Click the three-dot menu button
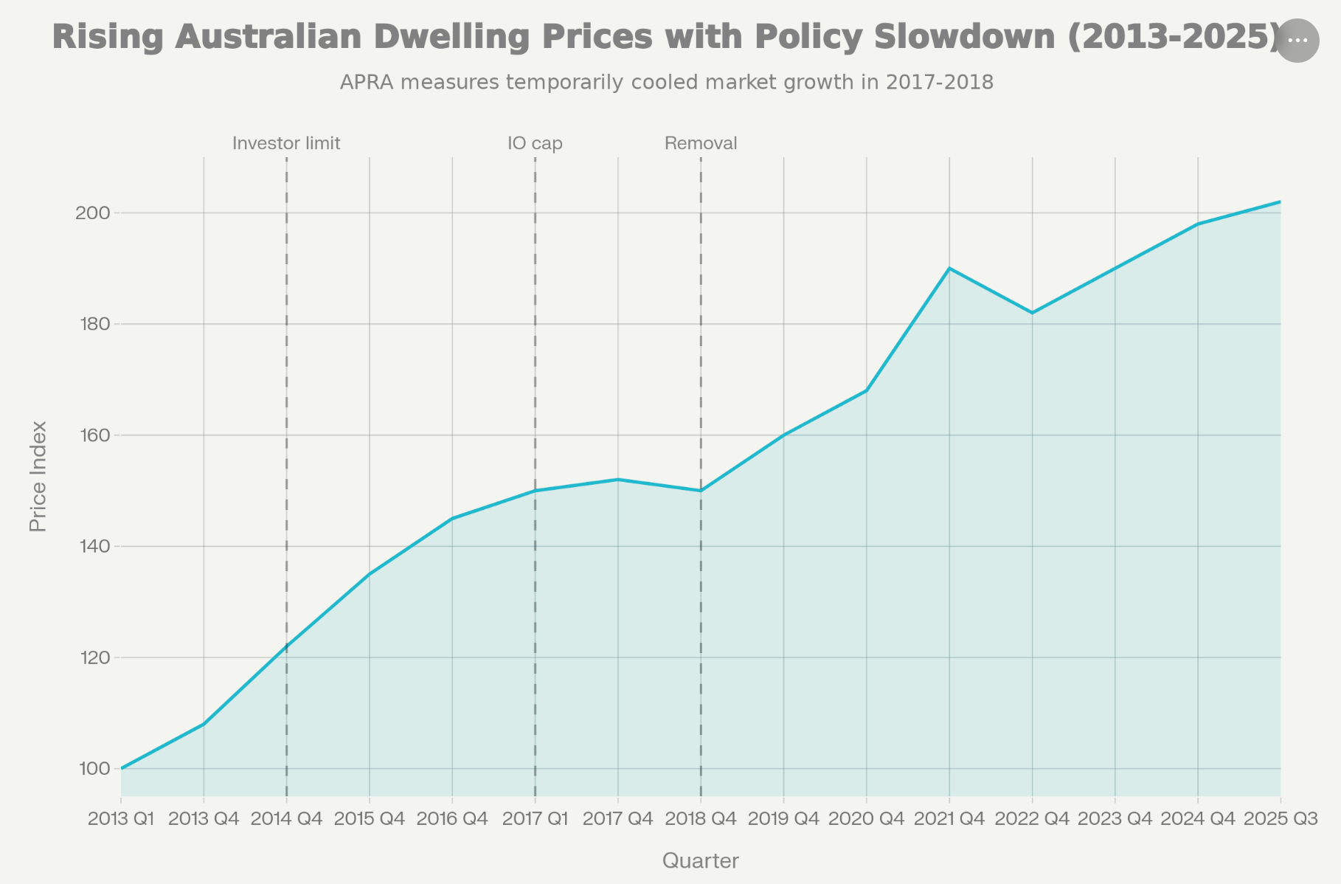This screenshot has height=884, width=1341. [x=1297, y=41]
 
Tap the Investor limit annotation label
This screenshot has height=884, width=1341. [x=286, y=143]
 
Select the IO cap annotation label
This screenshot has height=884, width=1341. [x=535, y=143]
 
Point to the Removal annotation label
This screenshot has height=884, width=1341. [x=701, y=143]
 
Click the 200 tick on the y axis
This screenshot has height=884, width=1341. [x=92, y=213]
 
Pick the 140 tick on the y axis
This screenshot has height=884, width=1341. [x=92, y=547]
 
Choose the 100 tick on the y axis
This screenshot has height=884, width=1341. [x=92, y=769]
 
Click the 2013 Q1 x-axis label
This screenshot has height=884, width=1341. [x=121, y=819]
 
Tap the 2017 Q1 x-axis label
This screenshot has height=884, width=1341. [x=535, y=819]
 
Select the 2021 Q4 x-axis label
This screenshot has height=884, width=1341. [x=949, y=819]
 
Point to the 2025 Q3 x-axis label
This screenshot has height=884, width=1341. [x=1281, y=819]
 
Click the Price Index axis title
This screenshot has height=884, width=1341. [x=38, y=476]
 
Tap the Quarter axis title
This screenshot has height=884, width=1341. [x=701, y=860]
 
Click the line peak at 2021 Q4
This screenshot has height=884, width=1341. [x=949, y=269]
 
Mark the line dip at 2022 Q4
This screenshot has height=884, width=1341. [x=1032, y=313]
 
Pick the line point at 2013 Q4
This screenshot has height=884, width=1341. [x=204, y=725]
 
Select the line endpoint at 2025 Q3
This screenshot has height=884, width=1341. [x=1280, y=202]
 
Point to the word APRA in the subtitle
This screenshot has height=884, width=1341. [x=367, y=82]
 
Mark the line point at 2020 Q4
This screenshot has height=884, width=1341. [x=867, y=390]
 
